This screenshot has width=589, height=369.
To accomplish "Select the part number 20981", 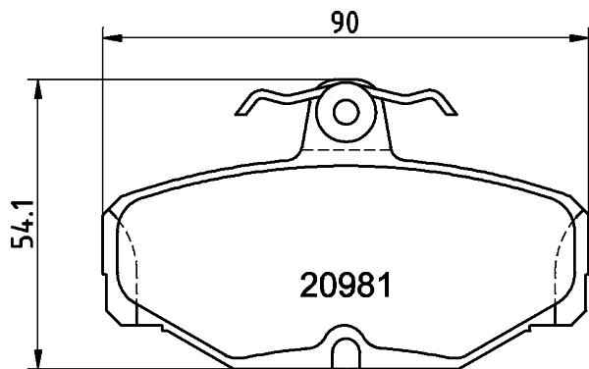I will (x=345, y=286).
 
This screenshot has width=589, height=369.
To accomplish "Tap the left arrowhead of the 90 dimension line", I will (x=111, y=38).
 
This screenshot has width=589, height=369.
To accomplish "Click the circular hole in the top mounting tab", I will (x=345, y=112).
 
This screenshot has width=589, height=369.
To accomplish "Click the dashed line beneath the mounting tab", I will (x=345, y=149).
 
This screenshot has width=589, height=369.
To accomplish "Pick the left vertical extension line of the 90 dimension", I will (x=103, y=118).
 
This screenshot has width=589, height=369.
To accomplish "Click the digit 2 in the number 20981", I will (x=308, y=286).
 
